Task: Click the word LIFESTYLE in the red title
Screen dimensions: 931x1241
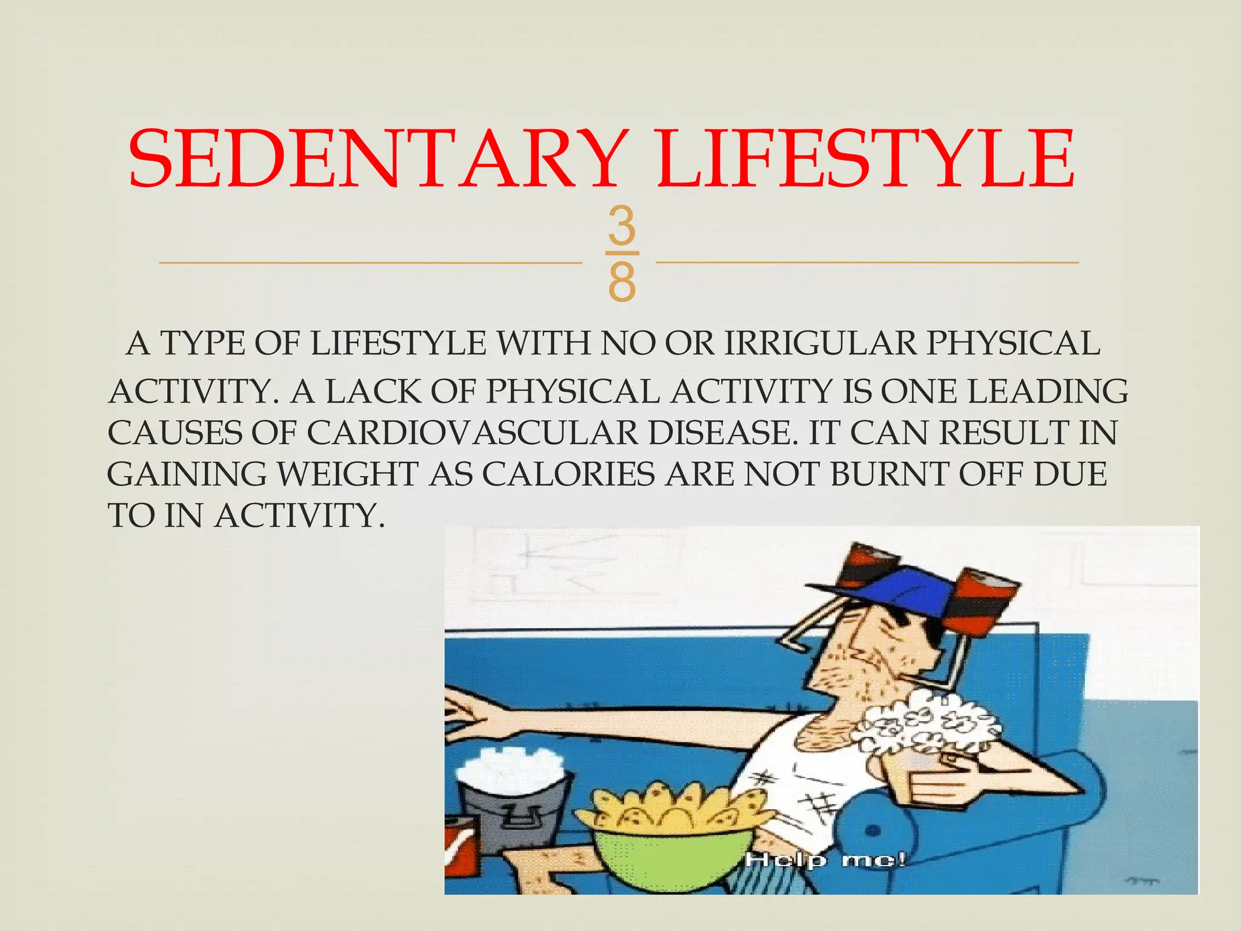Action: tap(867, 159)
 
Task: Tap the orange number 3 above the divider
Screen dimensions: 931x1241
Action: tap(622, 226)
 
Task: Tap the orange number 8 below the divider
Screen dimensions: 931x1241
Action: tap(622, 282)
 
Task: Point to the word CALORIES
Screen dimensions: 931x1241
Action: tap(568, 474)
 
